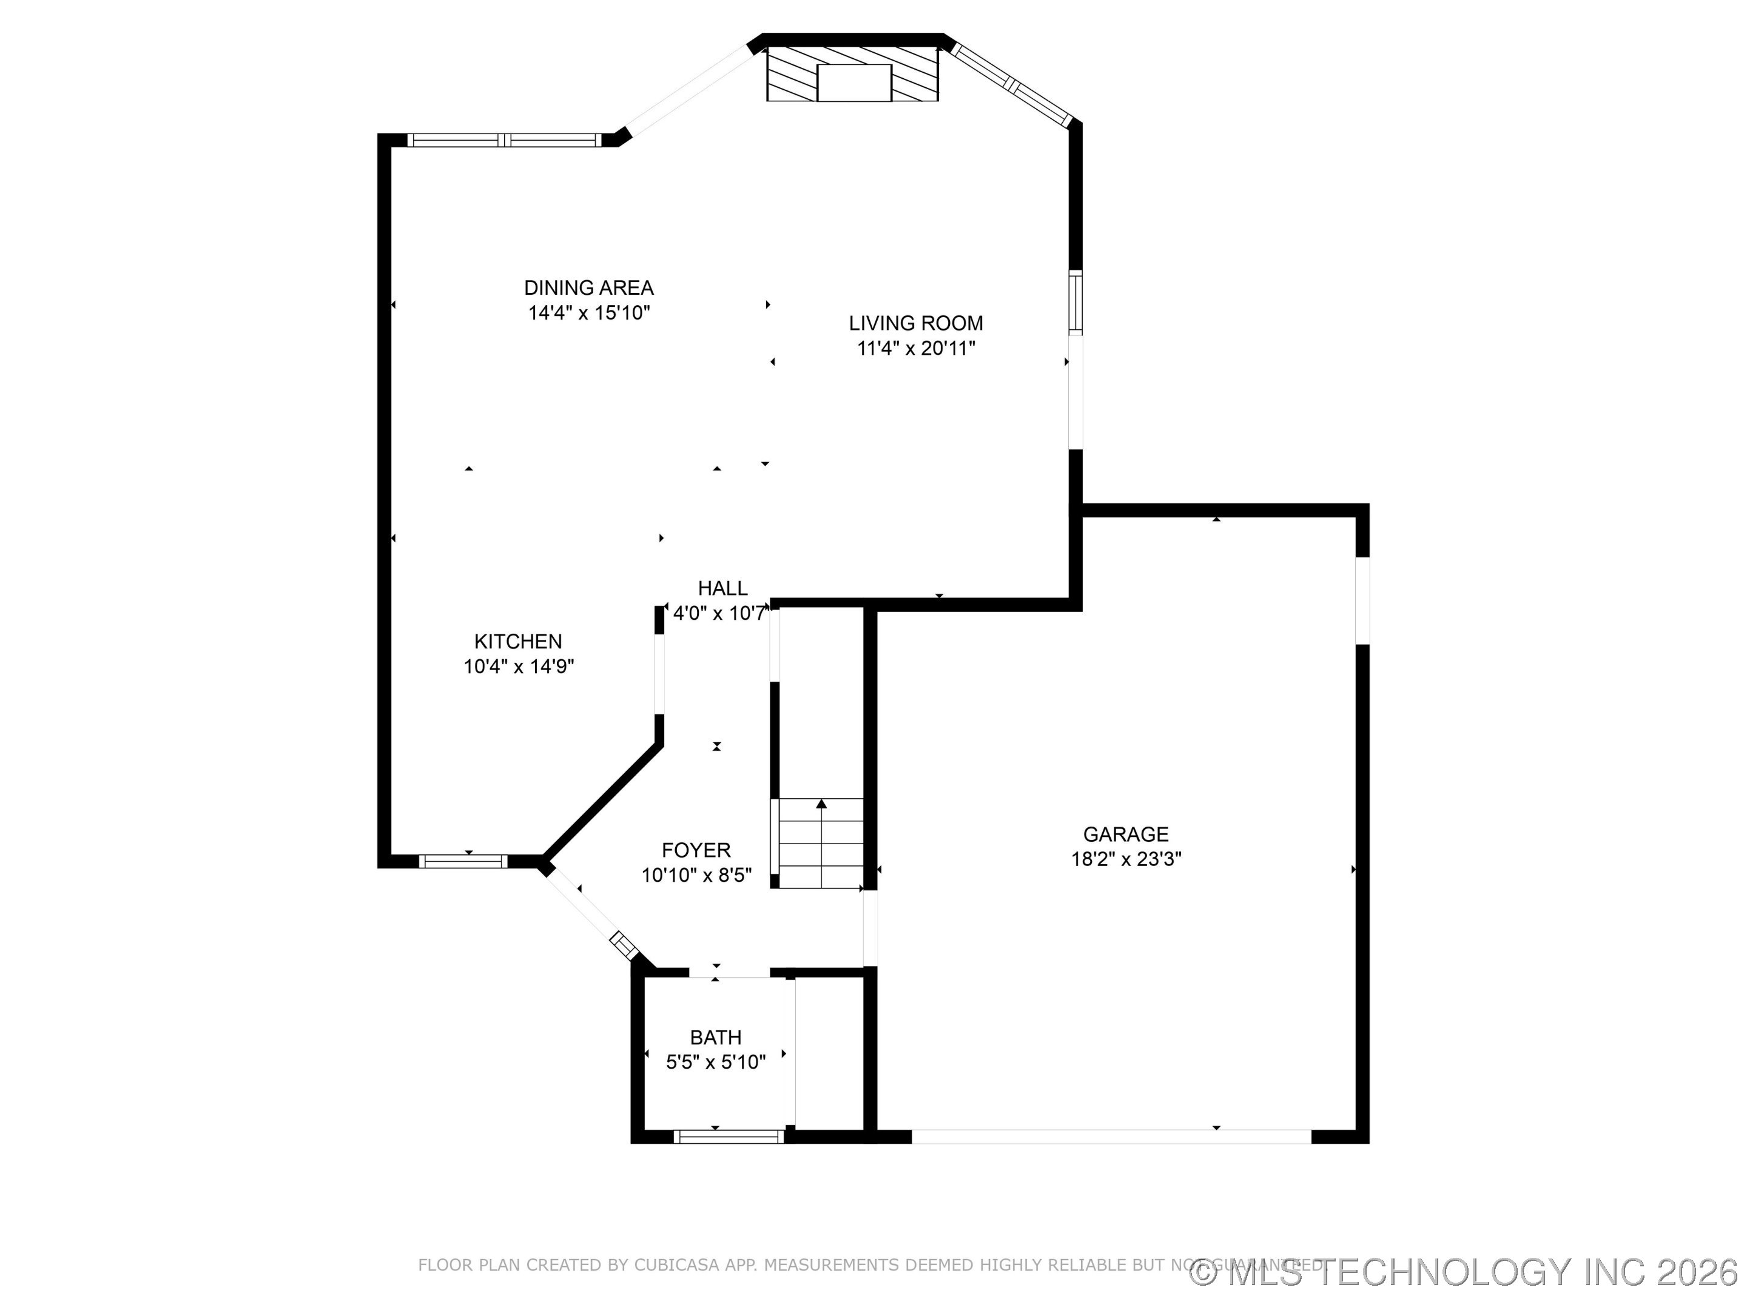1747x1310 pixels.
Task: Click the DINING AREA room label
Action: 588,287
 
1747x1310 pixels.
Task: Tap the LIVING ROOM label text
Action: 915,323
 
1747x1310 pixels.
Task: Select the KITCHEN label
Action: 518,641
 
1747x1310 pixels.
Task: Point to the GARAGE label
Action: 1125,834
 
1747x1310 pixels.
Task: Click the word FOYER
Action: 696,850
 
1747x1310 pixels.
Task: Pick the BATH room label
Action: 716,1037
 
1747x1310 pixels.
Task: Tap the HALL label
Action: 722,588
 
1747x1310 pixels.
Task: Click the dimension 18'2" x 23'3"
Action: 1125,859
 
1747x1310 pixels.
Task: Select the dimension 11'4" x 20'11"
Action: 915,348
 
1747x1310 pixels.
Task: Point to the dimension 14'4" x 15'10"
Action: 588,313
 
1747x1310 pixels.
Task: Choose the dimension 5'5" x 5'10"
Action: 716,1062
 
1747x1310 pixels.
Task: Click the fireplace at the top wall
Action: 853,74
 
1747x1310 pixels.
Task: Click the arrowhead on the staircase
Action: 821,804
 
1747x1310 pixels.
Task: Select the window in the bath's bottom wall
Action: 728,1137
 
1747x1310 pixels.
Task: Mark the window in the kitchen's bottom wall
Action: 463,861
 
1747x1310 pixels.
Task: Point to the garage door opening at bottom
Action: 1111,1137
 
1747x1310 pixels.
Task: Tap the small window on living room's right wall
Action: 1075,301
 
